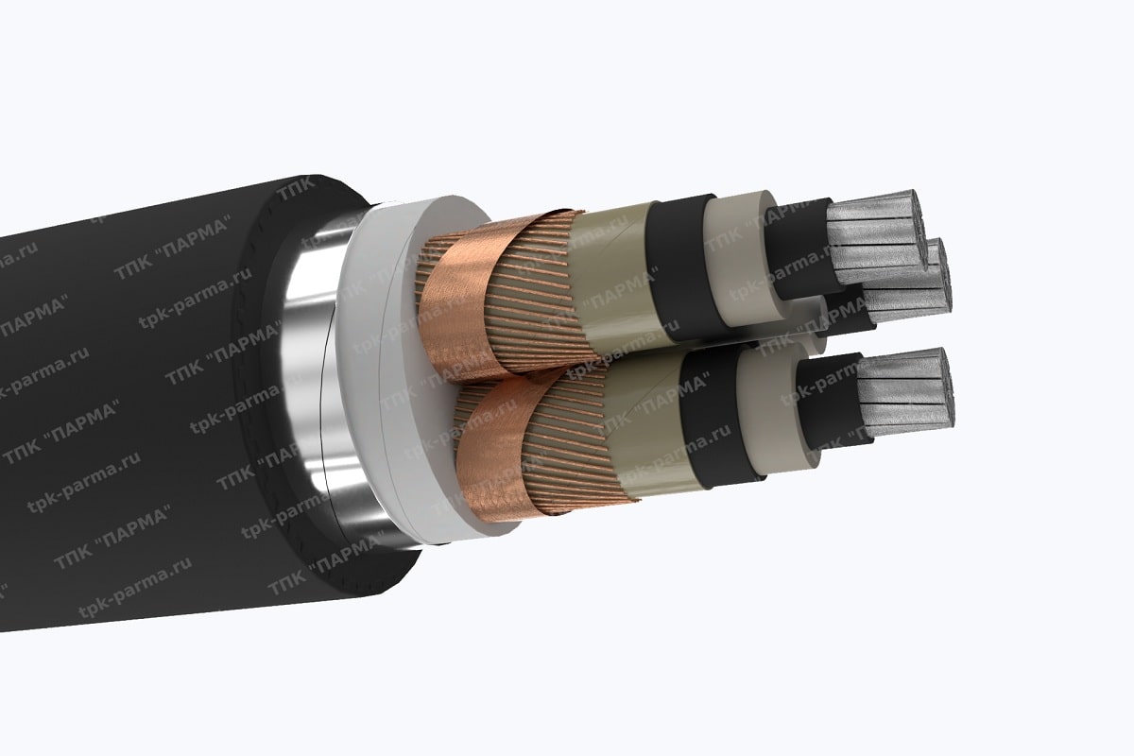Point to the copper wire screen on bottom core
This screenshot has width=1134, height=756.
pyautogui.click(x=567, y=444)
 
